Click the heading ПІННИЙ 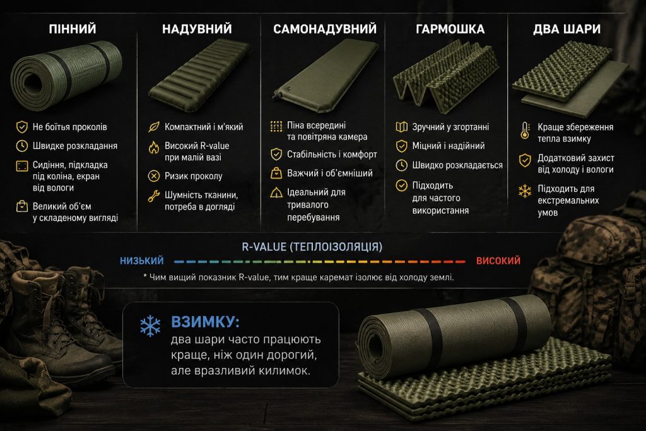point(73,29)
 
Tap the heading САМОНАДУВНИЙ point(325,29)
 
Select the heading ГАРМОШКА point(450,29)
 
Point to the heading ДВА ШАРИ point(567,29)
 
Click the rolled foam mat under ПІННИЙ point(66,74)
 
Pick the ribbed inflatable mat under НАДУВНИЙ point(199,75)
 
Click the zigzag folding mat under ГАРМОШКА point(445,76)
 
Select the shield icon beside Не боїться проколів point(22,127)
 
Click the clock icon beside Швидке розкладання point(22,146)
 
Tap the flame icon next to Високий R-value point(154,147)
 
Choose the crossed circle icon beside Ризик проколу point(154,176)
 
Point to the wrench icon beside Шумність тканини point(154,196)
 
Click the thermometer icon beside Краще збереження point(525,130)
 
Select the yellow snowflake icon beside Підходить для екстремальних point(524,191)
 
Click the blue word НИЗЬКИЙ point(142,261)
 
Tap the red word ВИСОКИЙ point(498,261)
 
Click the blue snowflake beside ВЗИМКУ point(150,326)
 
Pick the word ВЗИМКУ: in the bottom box point(205,322)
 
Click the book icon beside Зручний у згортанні point(401,127)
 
